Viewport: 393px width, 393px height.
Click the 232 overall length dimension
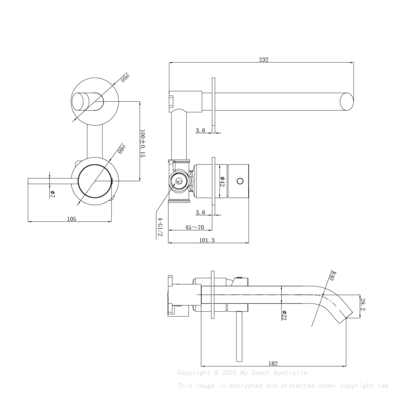[264, 60]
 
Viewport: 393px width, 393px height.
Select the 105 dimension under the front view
[71, 219]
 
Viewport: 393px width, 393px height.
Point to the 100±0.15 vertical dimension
[143, 143]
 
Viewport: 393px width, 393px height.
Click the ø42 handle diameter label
[222, 181]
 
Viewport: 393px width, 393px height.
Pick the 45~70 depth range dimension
[195, 227]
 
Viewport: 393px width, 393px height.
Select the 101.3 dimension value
[207, 240]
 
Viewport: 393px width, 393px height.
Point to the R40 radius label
[331, 276]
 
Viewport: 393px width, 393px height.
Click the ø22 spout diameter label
[283, 315]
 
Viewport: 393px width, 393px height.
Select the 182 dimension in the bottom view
[273, 364]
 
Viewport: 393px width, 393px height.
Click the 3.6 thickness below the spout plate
[200, 131]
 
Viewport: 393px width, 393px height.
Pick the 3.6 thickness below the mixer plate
[200, 213]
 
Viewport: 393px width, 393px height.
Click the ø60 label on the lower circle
[122, 148]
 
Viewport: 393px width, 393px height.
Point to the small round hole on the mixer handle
[239, 180]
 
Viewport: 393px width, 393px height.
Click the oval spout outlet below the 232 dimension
[347, 102]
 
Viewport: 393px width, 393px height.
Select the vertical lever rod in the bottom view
[239, 336]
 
